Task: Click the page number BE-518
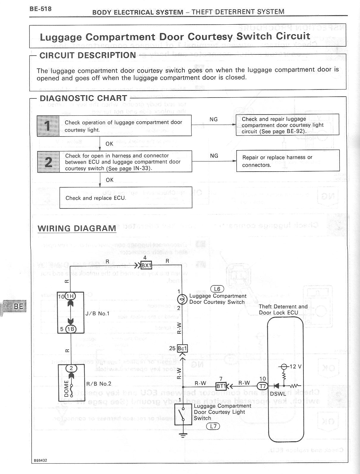(x=40, y=9)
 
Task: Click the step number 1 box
(x=48, y=126)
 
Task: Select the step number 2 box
(x=48, y=161)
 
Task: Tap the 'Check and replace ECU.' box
(x=126, y=198)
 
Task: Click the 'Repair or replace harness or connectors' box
(x=288, y=161)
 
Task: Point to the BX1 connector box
(x=146, y=265)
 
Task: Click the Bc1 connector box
(x=182, y=348)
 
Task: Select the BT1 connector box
(x=221, y=386)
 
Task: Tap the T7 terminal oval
(x=262, y=386)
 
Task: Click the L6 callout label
(x=217, y=289)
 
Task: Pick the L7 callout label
(x=213, y=426)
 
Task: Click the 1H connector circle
(x=71, y=296)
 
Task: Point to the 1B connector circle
(x=71, y=329)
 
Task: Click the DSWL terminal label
(x=278, y=394)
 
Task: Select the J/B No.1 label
(x=97, y=313)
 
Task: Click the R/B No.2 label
(x=99, y=384)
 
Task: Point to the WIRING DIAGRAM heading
(x=77, y=228)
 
